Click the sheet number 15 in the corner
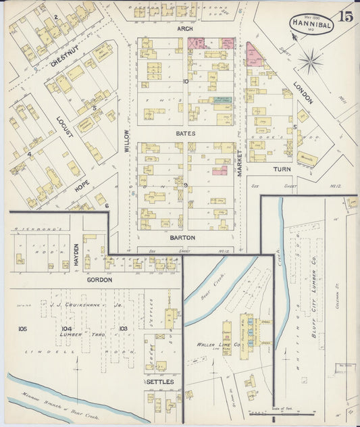[345, 16]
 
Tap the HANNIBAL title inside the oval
[311, 23]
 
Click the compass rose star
[310, 64]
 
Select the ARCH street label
[185, 29]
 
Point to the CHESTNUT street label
[66, 53]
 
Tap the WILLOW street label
[126, 139]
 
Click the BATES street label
[185, 134]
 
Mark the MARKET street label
[239, 163]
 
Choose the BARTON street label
[182, 238]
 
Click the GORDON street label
[99, 279]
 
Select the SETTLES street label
[161, 382]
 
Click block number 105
[23, 329]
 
